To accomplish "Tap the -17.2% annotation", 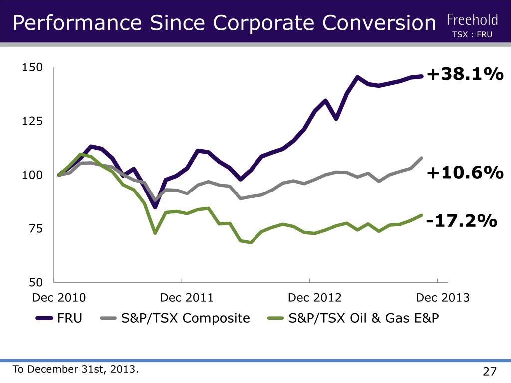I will click(462, 220).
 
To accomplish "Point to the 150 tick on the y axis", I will click(33, 67).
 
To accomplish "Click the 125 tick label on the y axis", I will click(33, 121).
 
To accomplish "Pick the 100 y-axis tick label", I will click(33, 175).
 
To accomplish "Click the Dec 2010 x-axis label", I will click(59, 298).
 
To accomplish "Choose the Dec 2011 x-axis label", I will click(187, 298).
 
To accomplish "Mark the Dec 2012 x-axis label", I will click(315, 298).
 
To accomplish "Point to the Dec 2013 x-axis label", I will click(443, 298).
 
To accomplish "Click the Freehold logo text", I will click(472, 20).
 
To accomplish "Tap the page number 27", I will click(490, 372).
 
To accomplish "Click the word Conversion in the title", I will click(379, 23).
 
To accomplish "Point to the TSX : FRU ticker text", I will click(472, 35).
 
